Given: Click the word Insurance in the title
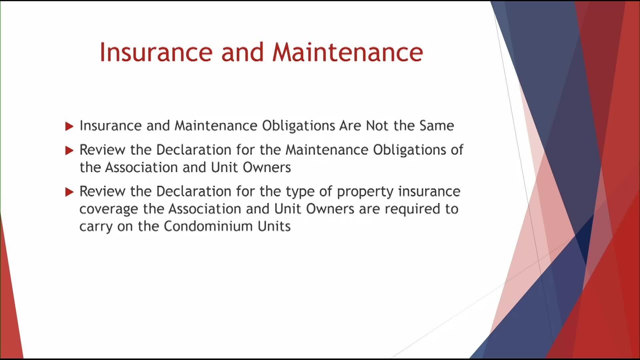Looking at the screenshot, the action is [x=156, y=52].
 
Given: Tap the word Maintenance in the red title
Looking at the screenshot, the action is [x=348, y=52].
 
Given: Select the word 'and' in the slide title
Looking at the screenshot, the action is [x=242, y=52].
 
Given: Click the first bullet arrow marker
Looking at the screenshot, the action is [x=69, y=126].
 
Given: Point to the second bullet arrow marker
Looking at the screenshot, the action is [x=69, y=151].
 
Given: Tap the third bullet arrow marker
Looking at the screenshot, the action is [x=69, y=192].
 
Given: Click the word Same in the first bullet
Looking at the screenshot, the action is [x=437, y=126].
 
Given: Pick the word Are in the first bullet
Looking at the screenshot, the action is [x=350, y=126].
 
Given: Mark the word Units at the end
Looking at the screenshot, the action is [x=274, y=226].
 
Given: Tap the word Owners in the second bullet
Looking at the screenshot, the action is [x=267, y=167].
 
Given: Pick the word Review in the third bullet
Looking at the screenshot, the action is [x=102, y=191].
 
